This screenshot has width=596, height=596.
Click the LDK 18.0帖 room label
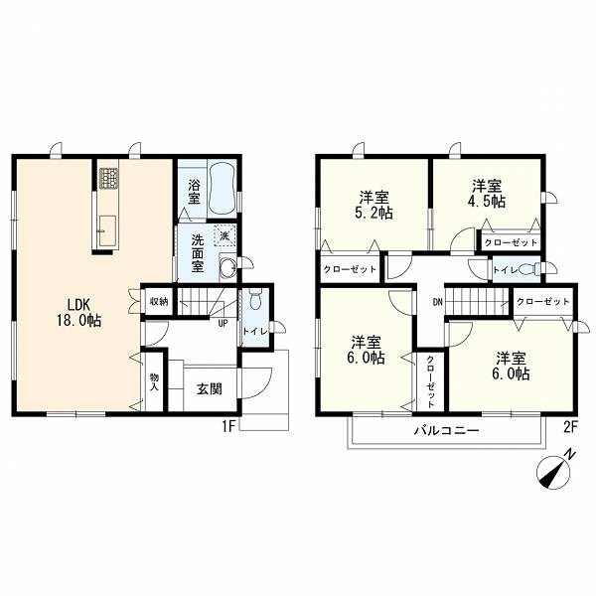pos(79,313)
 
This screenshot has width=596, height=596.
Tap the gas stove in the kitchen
pos(108,178)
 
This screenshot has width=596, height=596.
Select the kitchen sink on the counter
pos(107,231)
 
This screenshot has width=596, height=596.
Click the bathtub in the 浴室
pos(223,189)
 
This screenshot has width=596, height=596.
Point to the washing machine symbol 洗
pos(225,235)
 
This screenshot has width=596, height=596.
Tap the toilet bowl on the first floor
pos(255,299)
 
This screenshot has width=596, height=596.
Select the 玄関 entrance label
pos(210,388)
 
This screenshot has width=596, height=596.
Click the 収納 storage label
pos(159,302)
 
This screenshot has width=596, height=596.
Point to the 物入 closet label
pos(154,382)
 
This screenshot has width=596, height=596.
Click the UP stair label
pos(223,323)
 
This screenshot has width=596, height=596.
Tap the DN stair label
pos(437,302)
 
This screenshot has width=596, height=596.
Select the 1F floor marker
pos(229,427)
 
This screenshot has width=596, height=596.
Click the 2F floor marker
pos(570,427)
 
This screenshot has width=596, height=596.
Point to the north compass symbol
pos(555,471)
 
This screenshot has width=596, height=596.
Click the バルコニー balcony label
pos(447,431)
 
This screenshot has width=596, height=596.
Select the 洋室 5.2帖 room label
pos(374,206)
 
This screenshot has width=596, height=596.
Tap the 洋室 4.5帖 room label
pos(487,194)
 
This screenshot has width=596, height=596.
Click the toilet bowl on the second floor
pos(529,270)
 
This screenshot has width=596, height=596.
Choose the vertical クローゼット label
pos(431,380)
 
